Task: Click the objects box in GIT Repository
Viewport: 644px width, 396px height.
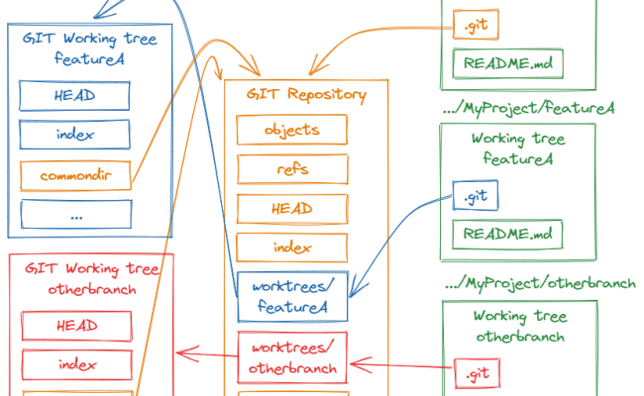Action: pyautogui.click(x=291, y=130)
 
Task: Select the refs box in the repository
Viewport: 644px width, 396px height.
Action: pyautogui.click(x=291, y=169)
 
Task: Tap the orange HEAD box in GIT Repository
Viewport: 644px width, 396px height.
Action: pyautogui.click(x=291, y=209)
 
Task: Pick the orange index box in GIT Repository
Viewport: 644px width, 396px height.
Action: pyautogui.click(x=291, y=247)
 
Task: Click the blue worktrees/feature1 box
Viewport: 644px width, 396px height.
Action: pyautogui.click(x=291, y=297)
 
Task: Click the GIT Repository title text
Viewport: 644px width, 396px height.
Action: pyautogui.click(x=307, y=96)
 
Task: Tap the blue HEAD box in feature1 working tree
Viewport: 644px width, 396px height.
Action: pyautogui.click(x=76, y=95)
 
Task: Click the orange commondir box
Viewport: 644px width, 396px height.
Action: pyautogui.click(x=76, y=176)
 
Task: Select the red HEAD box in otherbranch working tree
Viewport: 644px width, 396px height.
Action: pyautogui.click(x=76, y=326)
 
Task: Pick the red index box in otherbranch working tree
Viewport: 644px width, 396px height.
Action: pyautogui.click(x=76, y=364)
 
